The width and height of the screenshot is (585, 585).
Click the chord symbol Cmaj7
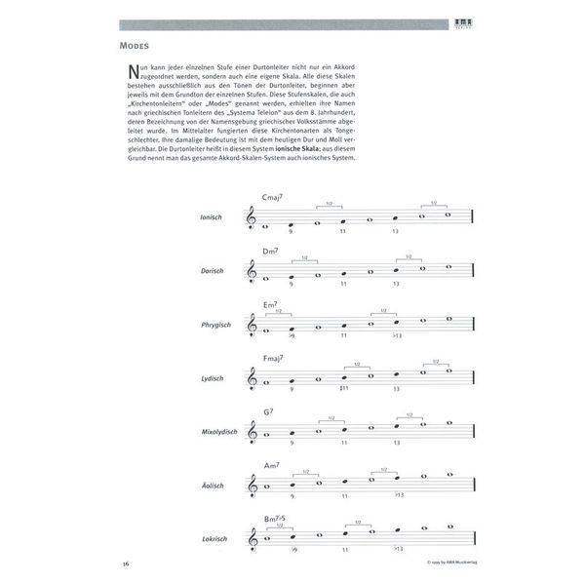pos(273,198)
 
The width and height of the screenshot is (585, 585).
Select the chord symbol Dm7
pos(271,252)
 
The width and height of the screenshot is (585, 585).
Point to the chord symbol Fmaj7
pos(273,358)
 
